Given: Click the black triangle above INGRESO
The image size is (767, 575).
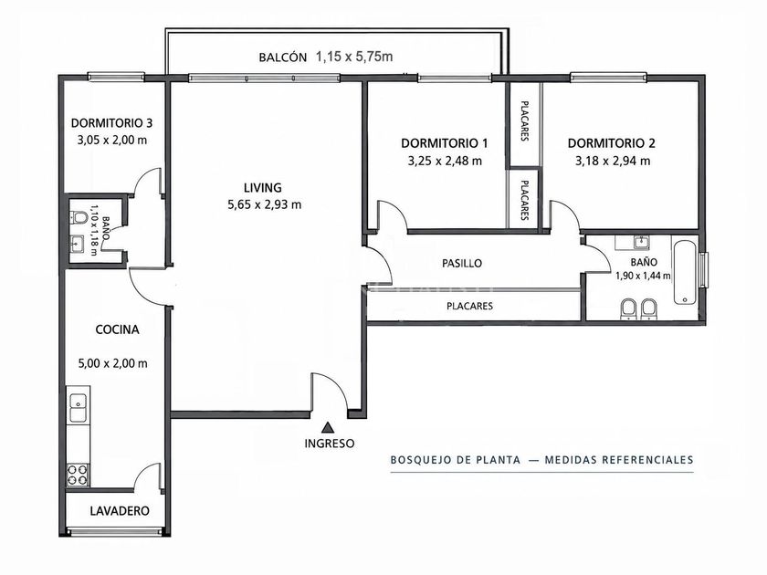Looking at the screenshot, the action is click(328, 428).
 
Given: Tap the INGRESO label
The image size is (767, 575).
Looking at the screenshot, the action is click(330, 444).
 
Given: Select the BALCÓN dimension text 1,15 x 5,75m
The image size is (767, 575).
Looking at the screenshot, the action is click(354, 57).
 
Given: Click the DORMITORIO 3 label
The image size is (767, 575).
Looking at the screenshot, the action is click(111, 122).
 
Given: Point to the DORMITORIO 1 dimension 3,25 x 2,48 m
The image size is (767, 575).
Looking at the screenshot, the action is click(445, 161).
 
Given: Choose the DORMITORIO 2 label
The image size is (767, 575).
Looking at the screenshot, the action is click(612, 143).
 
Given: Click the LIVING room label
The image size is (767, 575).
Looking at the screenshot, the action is click(263, 187).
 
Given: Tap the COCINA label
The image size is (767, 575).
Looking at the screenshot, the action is click(118, 329).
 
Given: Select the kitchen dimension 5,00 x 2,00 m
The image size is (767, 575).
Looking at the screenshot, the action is click(112, 363).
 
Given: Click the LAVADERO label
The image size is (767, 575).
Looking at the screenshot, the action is click(120, 511).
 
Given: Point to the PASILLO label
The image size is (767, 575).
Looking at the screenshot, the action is click(462, 263).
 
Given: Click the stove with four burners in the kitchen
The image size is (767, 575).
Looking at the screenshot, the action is click(78, 475).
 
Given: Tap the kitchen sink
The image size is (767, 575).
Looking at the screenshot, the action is click(79, 408).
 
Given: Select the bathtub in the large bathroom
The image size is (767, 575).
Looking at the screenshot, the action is click(686, 272).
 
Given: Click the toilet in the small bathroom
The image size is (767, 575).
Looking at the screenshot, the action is click(79, 216).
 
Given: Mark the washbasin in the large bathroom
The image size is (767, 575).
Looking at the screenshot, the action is click(641, 242).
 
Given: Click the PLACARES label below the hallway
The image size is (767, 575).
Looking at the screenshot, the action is click(469, 306).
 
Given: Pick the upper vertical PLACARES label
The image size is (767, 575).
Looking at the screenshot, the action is click(524, 120).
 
